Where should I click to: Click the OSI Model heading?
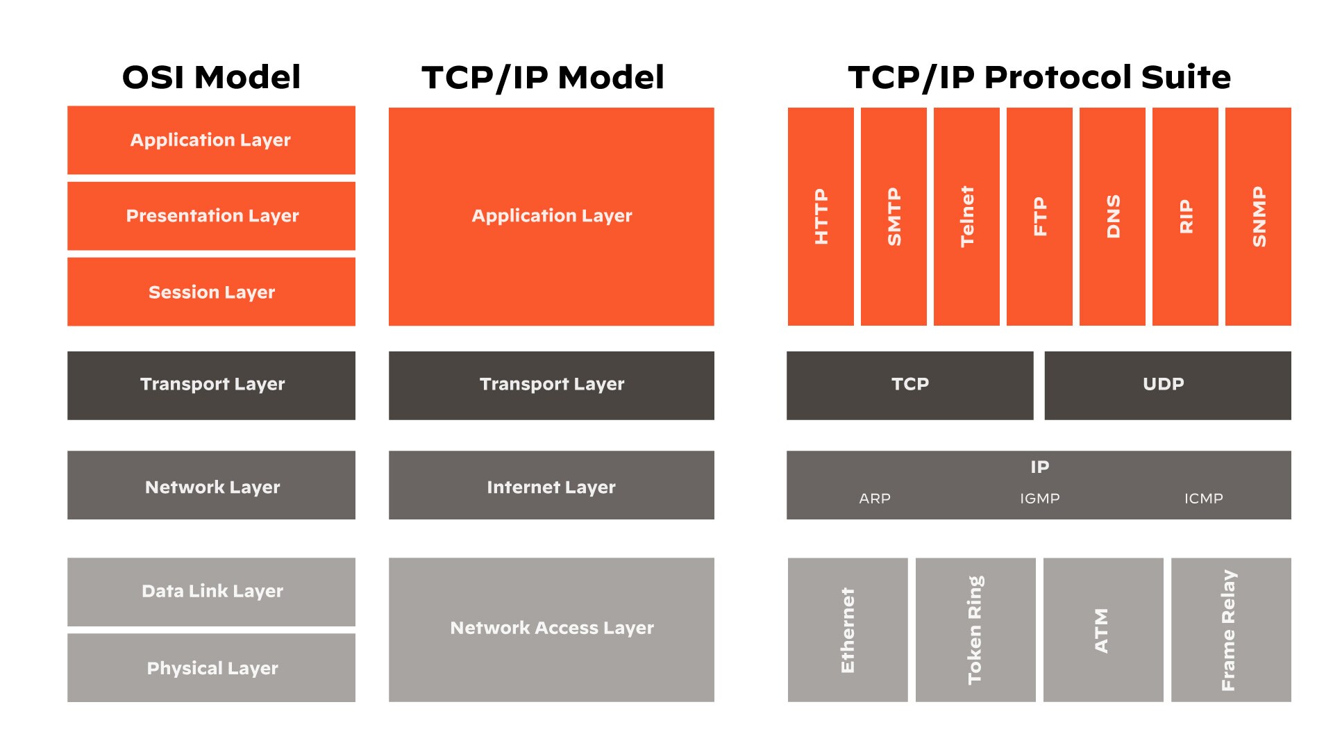(211, 77)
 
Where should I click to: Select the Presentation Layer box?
(211, 216)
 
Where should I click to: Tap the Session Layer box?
(211, 292)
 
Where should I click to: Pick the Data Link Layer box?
(211, 592)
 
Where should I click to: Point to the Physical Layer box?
(211, 667)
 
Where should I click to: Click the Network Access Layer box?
(551, 629)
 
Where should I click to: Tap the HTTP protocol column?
(821, 217)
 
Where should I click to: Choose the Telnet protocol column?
(966, 217)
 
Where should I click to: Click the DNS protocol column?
(1112, 217)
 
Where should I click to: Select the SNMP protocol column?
(1258, 217)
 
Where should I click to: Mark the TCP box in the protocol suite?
(909, 385)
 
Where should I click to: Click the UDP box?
(1167, 385)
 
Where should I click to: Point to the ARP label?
(875, 499)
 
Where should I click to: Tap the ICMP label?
(1203, 499)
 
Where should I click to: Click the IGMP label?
(1039, 499)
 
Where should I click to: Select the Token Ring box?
(975, 629)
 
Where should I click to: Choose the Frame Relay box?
(1231, 629)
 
